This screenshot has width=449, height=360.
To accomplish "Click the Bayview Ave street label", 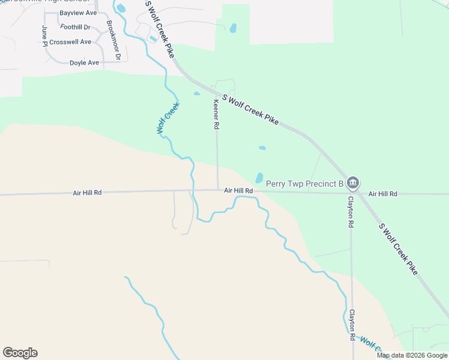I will [x=78, y=13].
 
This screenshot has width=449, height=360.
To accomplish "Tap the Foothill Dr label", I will [x=75, y=27].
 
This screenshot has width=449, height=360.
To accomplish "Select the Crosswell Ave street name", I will [x=70, y=42].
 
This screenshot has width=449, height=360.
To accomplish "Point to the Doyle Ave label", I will [x=84, y=62].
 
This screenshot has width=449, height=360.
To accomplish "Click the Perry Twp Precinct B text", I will [x=304, y=183].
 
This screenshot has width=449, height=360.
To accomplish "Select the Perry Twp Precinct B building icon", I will [x=352, y=182].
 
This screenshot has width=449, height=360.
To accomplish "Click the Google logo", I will [x=20, y=353].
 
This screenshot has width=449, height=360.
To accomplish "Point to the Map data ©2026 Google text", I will [x=412, y=355].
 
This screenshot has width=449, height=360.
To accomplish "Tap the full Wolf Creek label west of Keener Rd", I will [x=168, y=118].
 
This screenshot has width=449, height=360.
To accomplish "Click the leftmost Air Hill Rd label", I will [x=87, y=193].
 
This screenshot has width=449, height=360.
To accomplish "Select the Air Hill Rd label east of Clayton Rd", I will [x=383, y=194].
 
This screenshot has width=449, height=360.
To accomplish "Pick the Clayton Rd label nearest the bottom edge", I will [x=352, y=325].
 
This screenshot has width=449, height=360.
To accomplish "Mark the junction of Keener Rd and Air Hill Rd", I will [x=217, y=190].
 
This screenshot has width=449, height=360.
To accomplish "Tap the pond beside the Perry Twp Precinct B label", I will [x=259, y=178].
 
